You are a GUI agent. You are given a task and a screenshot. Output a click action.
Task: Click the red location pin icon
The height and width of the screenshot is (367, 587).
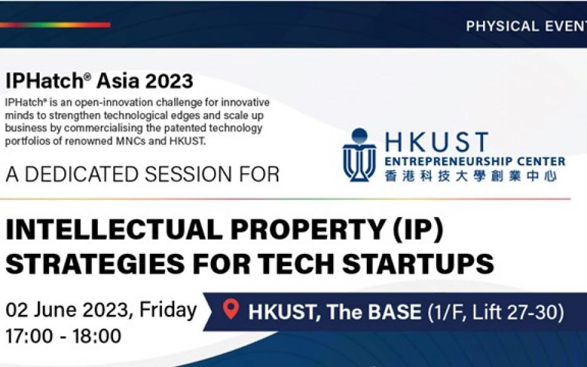coord(231,309)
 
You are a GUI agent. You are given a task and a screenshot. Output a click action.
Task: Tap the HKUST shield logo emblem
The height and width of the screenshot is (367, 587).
coord(359,155)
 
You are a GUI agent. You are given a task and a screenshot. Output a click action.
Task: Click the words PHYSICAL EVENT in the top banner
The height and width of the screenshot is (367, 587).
coord(526,26)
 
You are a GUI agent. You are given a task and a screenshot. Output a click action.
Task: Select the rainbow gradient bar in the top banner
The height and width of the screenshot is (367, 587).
coord(55,25)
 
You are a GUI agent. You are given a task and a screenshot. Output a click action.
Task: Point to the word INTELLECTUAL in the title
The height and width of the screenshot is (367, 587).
coord(114,229)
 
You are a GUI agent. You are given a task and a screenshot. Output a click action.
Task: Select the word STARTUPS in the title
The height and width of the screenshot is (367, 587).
coord(418,263)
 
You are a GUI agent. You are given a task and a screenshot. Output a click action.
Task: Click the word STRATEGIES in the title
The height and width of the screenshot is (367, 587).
coord(95,263)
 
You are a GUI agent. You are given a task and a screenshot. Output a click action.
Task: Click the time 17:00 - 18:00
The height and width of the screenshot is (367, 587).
coord(63,336)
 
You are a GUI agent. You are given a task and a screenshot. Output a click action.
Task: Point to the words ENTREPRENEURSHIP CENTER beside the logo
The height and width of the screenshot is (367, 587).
coord(474,161)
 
